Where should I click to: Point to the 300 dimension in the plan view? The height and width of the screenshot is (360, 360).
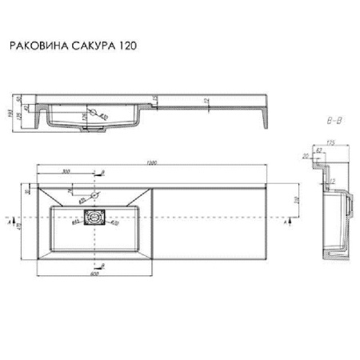(x=66, y=171)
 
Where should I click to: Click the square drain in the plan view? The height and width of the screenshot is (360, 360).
(x=94, y=217)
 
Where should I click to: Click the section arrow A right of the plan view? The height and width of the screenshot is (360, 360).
(x=289, y=216)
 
